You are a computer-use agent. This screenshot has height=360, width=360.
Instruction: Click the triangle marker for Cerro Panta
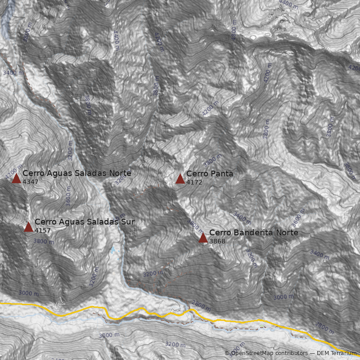(180, 179)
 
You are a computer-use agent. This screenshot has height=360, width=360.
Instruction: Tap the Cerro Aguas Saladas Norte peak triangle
(17, 179)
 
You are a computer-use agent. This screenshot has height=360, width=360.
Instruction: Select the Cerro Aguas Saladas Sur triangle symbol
(29, 227)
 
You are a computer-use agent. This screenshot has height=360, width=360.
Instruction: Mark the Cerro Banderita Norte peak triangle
(203, 238)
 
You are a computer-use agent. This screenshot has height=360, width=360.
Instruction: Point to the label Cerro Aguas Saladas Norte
(77, 173)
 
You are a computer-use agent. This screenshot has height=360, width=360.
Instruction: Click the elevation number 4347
(31, 182)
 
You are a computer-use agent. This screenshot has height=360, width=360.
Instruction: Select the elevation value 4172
(194, 183)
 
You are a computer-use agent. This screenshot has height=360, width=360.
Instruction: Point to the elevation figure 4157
(43, 231)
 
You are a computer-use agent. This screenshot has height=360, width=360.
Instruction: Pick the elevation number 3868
(217, 242)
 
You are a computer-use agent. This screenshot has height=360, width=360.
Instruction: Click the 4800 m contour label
(234, 29)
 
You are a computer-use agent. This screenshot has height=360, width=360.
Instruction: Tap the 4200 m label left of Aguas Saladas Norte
(14, 171)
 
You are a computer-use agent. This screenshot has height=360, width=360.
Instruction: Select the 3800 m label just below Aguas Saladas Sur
(44, 241)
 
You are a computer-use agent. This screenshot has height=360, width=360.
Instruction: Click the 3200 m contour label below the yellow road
(175, 344)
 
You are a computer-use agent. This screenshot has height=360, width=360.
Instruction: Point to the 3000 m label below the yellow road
(109, 335)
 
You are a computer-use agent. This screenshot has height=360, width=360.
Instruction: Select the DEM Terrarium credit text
(336, 353)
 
